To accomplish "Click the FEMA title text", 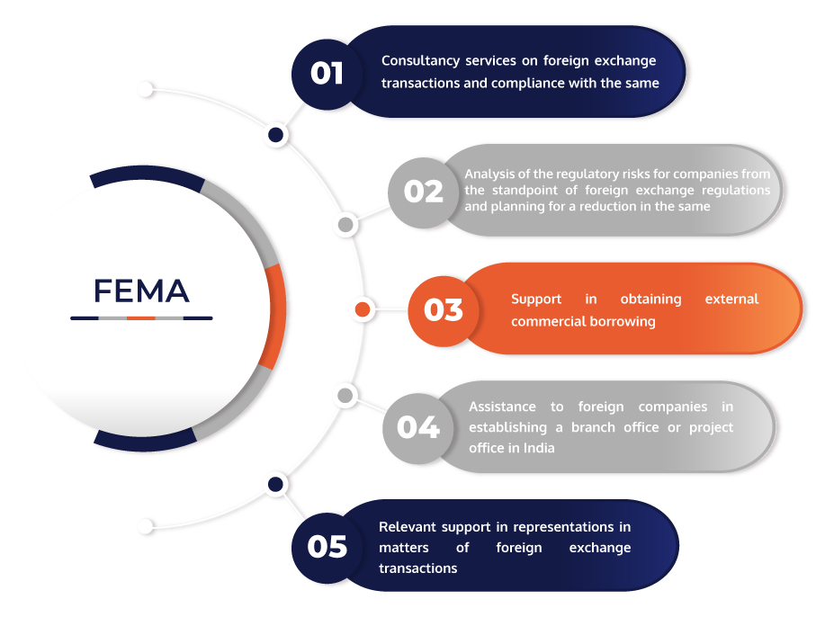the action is coord(141,291).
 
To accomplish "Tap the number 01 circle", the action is coord(327,74).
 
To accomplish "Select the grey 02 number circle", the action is coord(423,192).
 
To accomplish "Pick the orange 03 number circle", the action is coord(444,310).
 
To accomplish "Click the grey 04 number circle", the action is coord(418,428).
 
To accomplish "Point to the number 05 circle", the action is coord(327,547).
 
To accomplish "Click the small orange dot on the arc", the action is coord(363,309).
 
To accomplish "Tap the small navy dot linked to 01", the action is coord(276,135).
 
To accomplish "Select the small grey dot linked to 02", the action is coord(345,225).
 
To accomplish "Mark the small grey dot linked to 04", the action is coord(345,396).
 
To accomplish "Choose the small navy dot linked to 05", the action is coord(276,485).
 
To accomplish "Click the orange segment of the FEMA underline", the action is coord(141,317).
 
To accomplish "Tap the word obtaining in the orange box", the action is coord(651,300).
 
